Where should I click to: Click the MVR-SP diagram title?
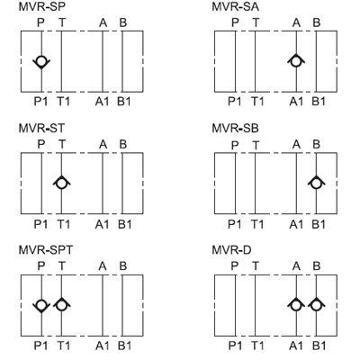tap(42, 7)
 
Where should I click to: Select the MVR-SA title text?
tap(236, 7)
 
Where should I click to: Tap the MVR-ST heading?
tap(41, 129)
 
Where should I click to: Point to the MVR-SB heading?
tap(236, 129)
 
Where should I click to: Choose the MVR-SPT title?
tap(46, 250)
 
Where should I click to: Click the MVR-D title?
tap(231, 250)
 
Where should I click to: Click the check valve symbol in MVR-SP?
tap(41, 62)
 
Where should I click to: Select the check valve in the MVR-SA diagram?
tap(296, 61)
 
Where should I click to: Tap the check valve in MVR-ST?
tap(61, 183)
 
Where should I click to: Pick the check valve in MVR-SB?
tap(316, 183)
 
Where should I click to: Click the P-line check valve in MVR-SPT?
tap(41, 305)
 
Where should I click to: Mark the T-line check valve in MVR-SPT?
tap(61, 305)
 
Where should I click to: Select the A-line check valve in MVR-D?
tap(296, 305)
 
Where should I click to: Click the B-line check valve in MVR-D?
tap(316, 305)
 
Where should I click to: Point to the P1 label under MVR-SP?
tap(40, 102)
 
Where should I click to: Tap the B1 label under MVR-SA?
tap(319, 102)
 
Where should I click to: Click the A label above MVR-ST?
tap(103, 145)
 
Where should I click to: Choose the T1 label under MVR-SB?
tap(257, 224)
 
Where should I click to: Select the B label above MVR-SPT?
tap(123, 266)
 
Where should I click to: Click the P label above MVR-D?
tap(235, 266)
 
